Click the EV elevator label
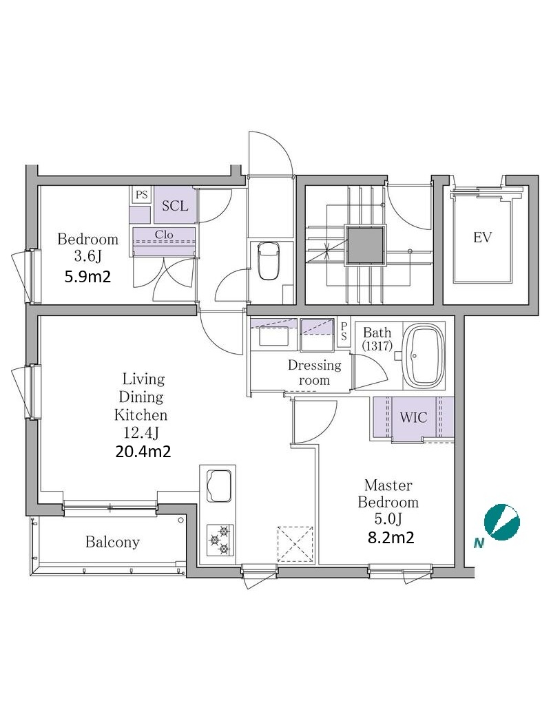[482, 238]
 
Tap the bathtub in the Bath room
[424, 356]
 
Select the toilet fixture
[269, 261]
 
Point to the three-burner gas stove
[220, 540]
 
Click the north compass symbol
[502, 522]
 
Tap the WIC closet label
[413, 417]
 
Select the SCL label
[175, 205]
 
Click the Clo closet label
[164, 234]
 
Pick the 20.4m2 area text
[143, 451]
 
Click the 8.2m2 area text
[391, 537]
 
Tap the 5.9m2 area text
[87, 277]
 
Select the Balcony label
[112, 542]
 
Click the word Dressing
[315, 366]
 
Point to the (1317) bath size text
[377, 346]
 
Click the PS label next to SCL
[142, 195]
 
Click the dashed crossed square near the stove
[295, 544]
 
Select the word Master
[388, 485]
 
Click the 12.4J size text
[141, 433]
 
